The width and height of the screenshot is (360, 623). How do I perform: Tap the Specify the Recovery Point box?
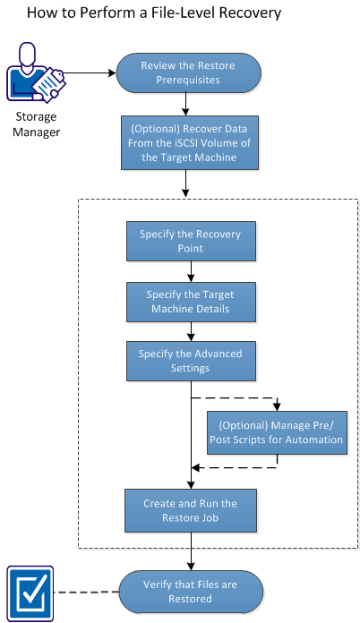190,240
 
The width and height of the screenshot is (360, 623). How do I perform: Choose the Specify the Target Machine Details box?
190,301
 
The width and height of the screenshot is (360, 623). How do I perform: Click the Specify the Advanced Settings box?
190,361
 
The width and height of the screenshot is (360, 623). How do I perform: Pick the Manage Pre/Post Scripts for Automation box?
277,432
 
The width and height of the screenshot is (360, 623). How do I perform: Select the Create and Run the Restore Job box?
190,510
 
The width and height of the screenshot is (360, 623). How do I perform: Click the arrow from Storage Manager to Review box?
90,74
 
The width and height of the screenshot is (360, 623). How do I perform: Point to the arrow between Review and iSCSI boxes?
185,104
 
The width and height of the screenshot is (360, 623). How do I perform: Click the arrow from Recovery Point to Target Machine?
190,271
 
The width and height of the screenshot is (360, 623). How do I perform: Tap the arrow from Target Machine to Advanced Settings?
190,331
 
